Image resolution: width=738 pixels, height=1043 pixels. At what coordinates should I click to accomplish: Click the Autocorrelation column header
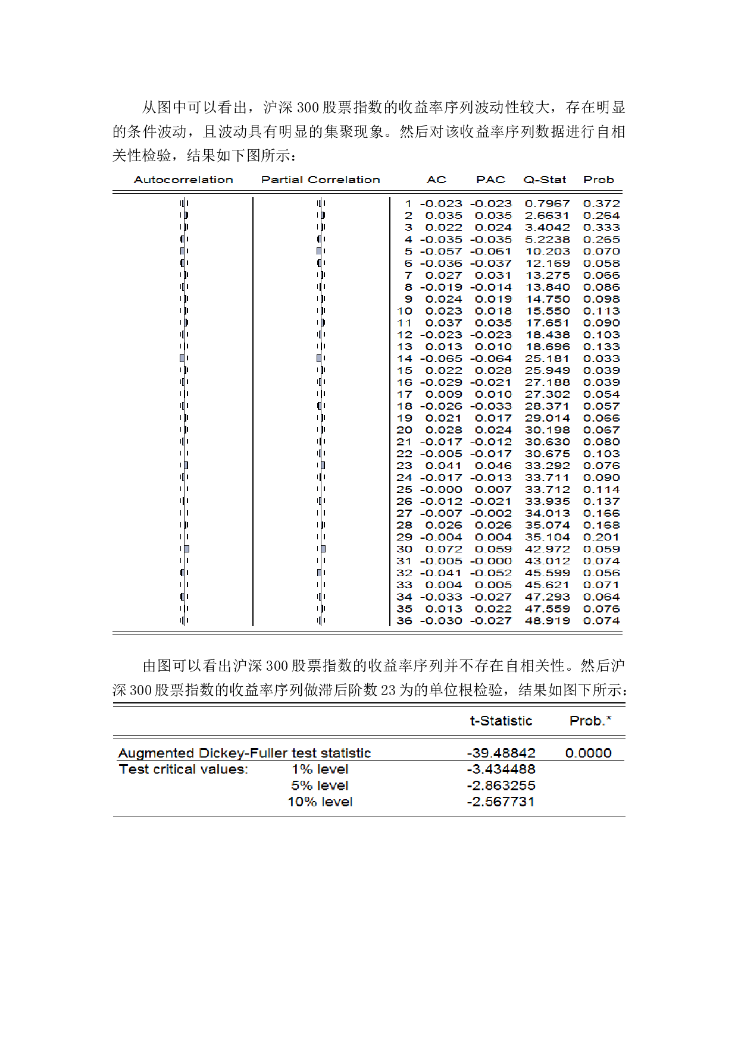coord(183,180)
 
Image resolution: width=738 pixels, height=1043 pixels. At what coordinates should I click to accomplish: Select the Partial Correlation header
coord(320,180)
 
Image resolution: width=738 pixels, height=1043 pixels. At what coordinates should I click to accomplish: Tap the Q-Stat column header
coord(545,180)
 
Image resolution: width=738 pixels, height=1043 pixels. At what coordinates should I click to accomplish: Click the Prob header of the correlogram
coord(598,180)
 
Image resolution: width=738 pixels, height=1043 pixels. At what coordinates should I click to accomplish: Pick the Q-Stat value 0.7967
coord(547,203)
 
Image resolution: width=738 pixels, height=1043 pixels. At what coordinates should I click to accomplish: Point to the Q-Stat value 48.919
coord(547,621)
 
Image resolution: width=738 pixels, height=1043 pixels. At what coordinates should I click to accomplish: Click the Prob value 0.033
coord(601,359)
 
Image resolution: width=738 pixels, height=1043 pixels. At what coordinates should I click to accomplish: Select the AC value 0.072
coord(443,549)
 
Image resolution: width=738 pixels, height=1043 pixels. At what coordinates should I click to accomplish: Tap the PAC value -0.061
coord(490,252)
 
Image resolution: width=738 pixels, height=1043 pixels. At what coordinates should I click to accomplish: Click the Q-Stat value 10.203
coord(547,252)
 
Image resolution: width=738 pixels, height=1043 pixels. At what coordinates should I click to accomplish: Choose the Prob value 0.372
coord(601,203)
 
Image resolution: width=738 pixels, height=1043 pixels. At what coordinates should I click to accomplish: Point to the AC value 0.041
coord(443,466)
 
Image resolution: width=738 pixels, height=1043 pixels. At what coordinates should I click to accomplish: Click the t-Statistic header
coord(501,721)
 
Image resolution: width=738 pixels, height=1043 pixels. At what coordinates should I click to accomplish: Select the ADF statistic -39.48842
coord(501,753)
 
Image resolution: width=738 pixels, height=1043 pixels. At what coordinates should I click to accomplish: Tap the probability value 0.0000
coord(588,753)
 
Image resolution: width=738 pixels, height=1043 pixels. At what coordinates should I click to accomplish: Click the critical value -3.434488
coord(501,769)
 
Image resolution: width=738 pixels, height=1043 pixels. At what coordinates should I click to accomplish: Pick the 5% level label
coord(320,786)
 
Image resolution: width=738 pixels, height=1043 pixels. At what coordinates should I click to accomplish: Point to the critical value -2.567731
coord(501,802)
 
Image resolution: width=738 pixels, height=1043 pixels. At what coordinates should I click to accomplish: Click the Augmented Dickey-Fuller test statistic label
coord(244,753)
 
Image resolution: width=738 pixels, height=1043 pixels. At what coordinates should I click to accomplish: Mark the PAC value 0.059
coord(493,549)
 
